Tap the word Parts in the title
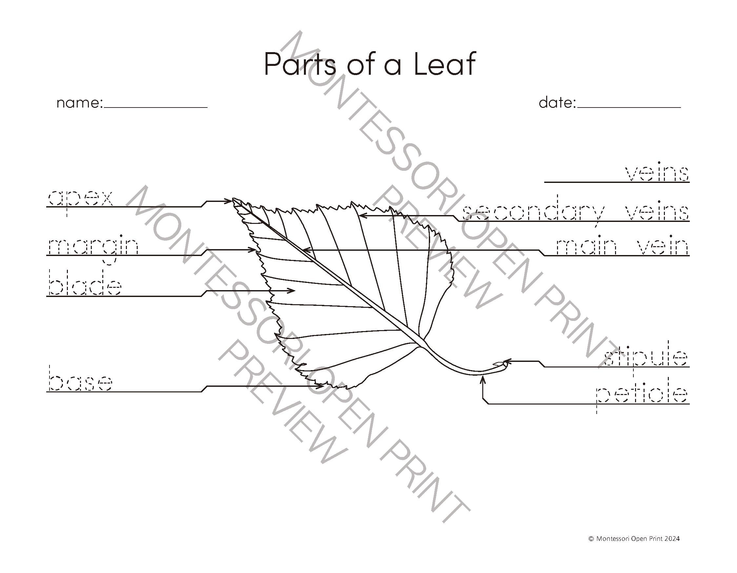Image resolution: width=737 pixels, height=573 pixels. point(300,64)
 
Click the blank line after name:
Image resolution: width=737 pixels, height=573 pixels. point(156,107)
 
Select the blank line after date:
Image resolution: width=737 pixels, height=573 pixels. point(629,107)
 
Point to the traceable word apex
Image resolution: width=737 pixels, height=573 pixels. point(80,198)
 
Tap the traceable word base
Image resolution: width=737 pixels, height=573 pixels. point(80,383)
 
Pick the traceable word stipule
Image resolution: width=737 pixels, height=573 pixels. point(645,358)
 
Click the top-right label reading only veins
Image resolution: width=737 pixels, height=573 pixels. point(657,173)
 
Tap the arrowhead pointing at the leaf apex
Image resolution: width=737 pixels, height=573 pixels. point(230,201)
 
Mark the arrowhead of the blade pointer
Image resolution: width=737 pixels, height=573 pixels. point(292,290)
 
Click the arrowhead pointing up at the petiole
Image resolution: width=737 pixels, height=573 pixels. point(483,380)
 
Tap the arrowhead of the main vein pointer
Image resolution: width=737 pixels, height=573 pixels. point(306,250)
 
